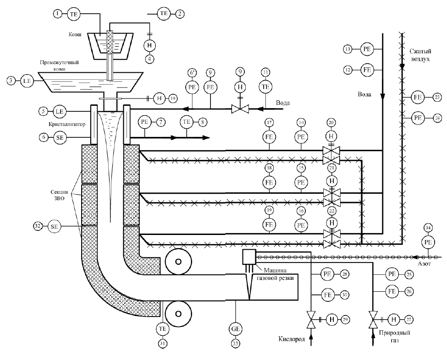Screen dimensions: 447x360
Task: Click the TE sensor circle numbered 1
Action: click(74, 14)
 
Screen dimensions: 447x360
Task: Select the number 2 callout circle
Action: click(180, 14)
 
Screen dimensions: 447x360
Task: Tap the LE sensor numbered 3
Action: click(27, 81)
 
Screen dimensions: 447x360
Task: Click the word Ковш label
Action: click(75, 34)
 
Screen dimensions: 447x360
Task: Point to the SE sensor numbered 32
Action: click(54, 226)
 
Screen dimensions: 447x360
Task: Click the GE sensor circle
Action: click(236, 329)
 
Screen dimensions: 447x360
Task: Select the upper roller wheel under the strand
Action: click(178, 262)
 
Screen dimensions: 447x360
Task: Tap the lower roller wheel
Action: click(178, 314)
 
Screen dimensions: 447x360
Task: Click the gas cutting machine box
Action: click(249, 257)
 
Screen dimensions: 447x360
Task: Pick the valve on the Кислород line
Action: click(311, 320)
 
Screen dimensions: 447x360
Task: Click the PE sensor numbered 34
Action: click(428, 242)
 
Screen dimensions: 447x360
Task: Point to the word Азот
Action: click(425, 264)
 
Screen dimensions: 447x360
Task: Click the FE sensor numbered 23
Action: click(418, 98)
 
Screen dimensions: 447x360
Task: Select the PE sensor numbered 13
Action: click(367, 49)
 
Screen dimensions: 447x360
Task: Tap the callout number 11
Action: click(266, 72)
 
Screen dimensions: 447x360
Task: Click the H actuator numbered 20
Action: click(331, 136)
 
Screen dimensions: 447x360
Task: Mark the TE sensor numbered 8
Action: click(187, 122)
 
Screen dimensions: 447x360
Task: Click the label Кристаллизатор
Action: click(67, 125)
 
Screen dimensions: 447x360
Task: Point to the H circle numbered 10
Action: click(160, 98)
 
